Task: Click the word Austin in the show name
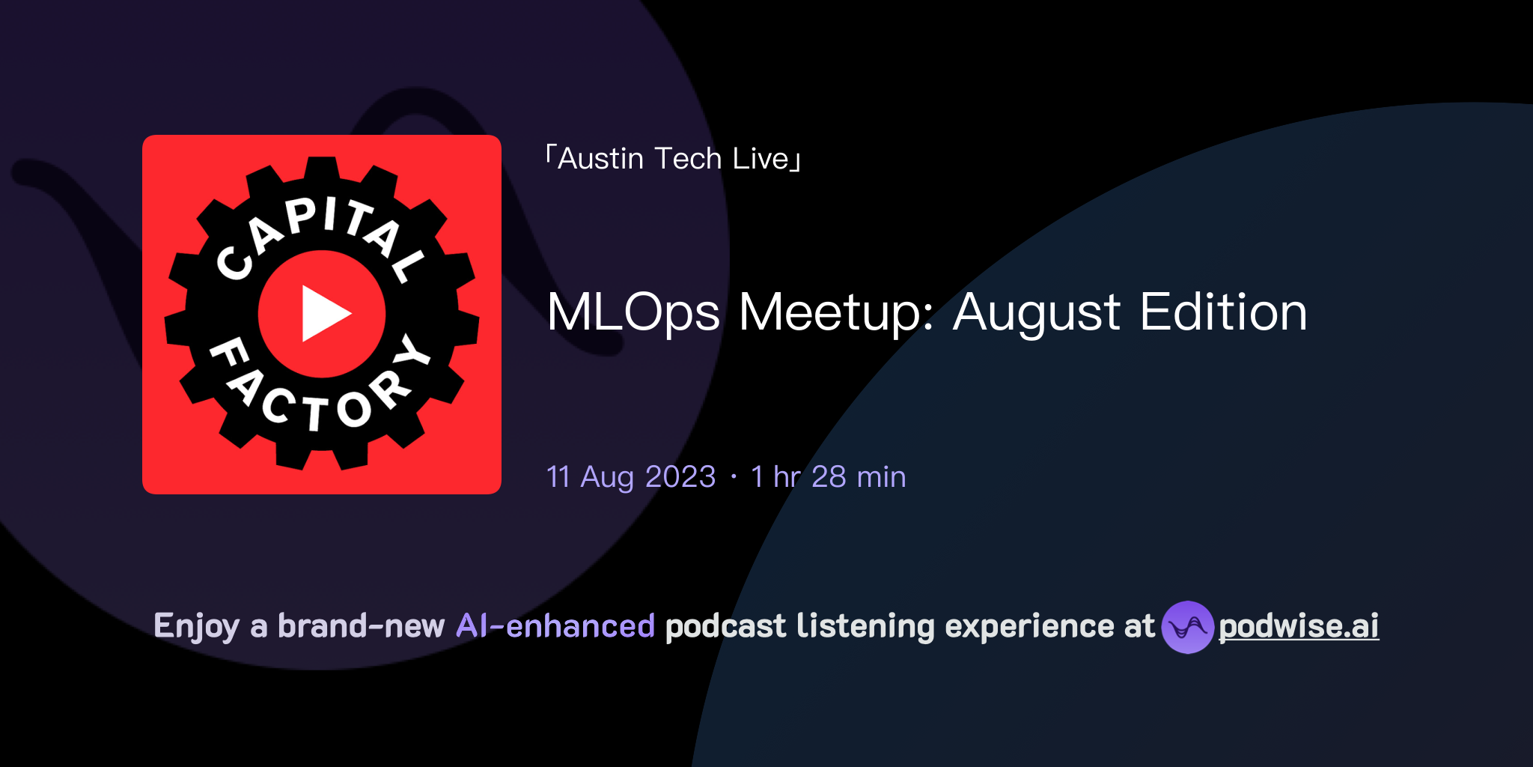click(x=600, y=159)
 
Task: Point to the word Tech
click(x=687, y=159)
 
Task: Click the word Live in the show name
click(x=761, y=159)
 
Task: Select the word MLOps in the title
click(x=633, y=313)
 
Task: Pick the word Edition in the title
click(x=1223, y=313)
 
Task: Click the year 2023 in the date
click(x=680, y=477)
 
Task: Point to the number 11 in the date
click(x=558, y=477)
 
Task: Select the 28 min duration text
click(x=859, y=477)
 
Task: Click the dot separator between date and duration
click(x=734, y=477)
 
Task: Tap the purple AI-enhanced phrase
click(x=555, y=626)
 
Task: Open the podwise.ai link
click(x=1299, y=626)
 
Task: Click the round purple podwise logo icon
click(x=1187, y=627)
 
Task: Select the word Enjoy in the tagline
click(x=196, y=627)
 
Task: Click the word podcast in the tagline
click(x=725, y=627)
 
